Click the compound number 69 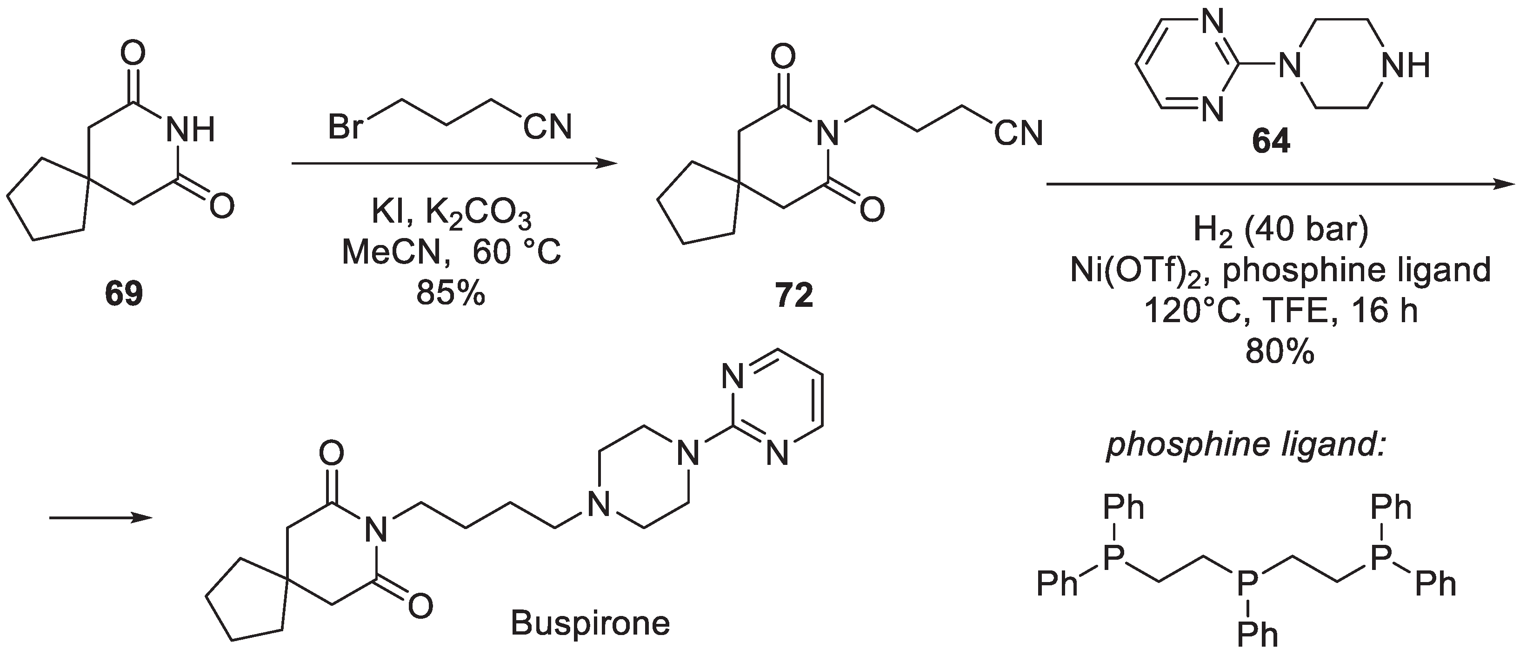pos(124,293)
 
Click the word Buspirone pos(590,624)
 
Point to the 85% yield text pos(451,293)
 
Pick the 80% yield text pos(1280,353)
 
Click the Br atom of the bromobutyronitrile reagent pos(345,127)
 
